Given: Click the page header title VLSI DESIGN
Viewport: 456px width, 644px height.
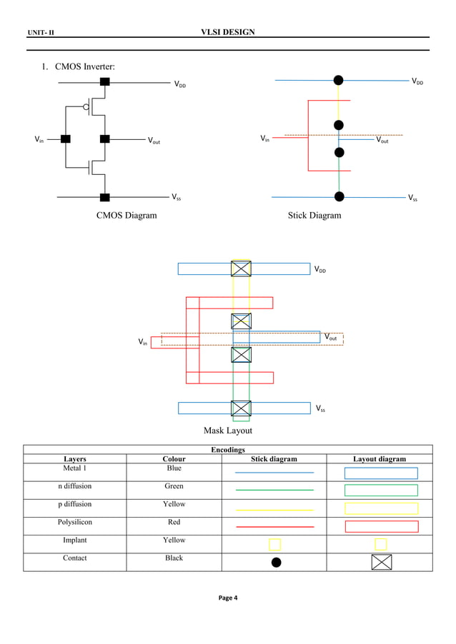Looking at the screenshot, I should [229, 32].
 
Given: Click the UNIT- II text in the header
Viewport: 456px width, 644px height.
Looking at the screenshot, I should [43, 33].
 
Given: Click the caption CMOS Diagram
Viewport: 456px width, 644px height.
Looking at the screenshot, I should [127, 215].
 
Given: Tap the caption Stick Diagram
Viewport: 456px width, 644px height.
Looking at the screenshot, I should [314, 215].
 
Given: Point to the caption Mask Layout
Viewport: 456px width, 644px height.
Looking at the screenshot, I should [228, 431].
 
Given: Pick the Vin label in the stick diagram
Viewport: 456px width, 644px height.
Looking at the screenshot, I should [264, 139].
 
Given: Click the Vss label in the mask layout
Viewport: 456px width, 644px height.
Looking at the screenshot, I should [322, 409].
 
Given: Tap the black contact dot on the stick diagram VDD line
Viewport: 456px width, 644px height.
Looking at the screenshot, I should [339, 80].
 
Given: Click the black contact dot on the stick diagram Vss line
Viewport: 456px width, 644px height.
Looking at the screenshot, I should [339, 196].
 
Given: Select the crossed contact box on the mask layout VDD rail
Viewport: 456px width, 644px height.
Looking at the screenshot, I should [241, 268].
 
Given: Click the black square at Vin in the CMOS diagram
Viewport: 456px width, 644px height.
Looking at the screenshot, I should [65, 139].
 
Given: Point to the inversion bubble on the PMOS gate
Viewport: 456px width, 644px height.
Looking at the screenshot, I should [86, 109].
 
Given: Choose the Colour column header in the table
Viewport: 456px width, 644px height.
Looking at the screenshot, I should [174, 459].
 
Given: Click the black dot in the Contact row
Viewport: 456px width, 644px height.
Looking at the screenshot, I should [276, 562].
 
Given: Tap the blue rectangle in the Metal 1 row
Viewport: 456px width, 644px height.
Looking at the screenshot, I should [381, 473].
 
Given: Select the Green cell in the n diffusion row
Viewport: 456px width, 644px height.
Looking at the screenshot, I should [174, 485].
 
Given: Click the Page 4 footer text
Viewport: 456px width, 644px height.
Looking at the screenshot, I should [228, 598].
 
